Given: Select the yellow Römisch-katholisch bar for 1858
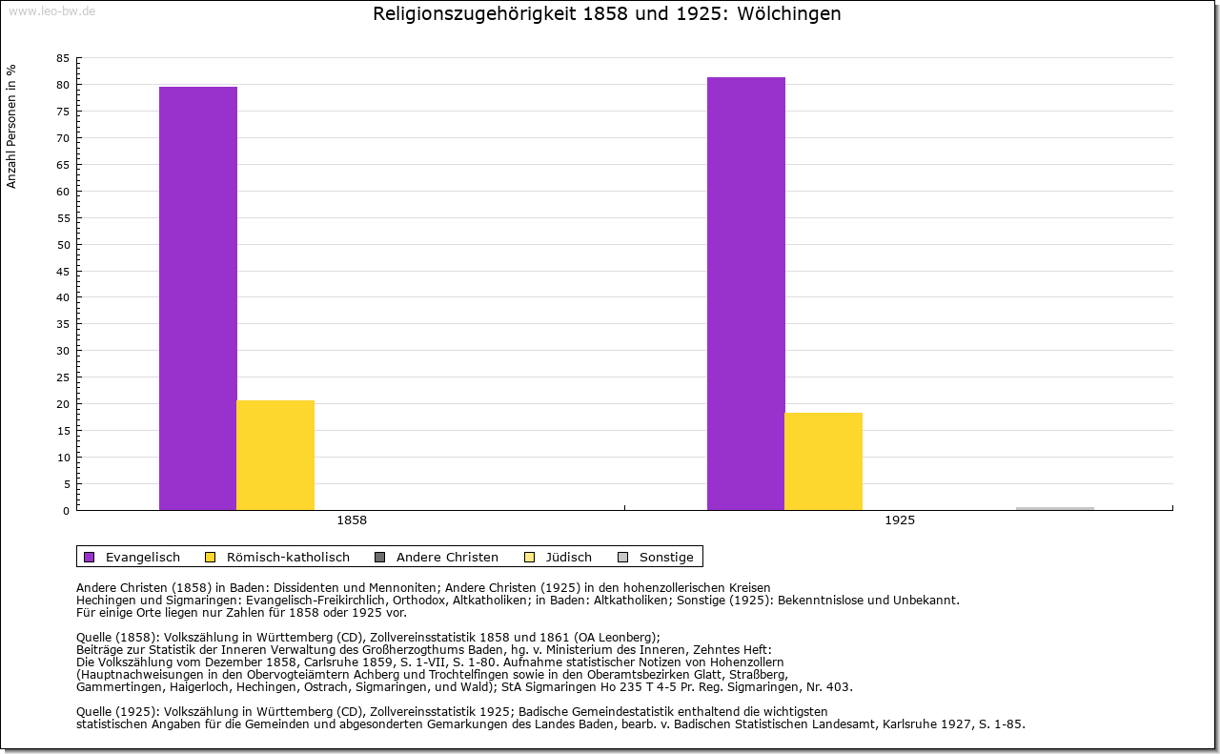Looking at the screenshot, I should [x=275, y=455].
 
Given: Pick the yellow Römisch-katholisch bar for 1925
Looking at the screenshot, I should [x=823, y=460].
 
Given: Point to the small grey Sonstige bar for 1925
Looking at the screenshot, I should [x=1054, y=508].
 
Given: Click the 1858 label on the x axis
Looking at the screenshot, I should [x=352, y=521].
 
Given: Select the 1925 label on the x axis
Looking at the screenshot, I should [x=900, y=521].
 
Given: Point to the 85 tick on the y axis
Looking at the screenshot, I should [x=63, y=58].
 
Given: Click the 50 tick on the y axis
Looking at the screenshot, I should [x=63, y=245].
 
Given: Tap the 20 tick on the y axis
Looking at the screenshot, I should [x=63, y=404].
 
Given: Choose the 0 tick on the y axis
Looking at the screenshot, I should [x=66, y=511].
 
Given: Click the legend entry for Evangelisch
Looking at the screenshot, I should [x=142, y=558].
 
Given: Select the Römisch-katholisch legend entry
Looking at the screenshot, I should [x=287, y=558].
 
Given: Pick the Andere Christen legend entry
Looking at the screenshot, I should [x=446, y=558].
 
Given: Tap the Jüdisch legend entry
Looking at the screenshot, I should [x=569, y=558].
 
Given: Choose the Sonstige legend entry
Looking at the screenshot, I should [x=665, y=558].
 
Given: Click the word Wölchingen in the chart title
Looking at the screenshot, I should [x=789, y=14].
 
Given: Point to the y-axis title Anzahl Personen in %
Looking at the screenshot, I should [x=11, y=127].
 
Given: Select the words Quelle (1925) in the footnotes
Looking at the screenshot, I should [x=117, y=711].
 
